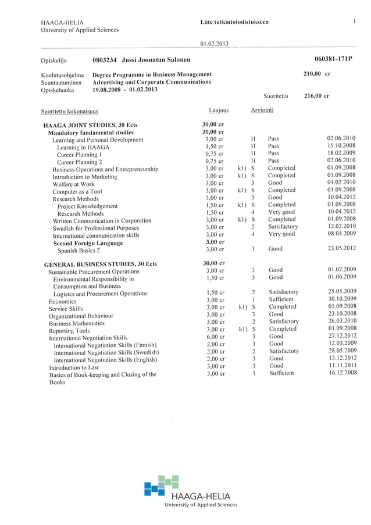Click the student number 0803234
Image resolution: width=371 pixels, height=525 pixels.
105,60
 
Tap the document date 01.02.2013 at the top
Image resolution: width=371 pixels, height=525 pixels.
213,44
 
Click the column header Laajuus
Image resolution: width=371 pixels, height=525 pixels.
218,110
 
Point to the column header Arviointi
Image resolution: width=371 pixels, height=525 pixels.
262,110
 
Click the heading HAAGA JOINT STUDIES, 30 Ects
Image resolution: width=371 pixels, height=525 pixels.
90,126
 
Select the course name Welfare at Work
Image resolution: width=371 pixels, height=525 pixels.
73,184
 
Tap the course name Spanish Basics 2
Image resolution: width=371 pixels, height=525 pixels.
79,251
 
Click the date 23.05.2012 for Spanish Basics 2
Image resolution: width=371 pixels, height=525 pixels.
341,249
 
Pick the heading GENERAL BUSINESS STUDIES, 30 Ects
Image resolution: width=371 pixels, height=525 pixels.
100,265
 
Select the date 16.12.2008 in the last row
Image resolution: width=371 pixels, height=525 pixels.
341,373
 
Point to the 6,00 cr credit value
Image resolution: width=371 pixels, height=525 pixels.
215,337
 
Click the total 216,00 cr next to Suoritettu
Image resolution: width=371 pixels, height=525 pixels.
317,97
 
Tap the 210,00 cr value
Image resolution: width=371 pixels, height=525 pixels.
317,74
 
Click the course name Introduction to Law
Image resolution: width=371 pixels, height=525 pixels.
74,367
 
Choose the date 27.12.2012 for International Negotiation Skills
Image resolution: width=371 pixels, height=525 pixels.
341,336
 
